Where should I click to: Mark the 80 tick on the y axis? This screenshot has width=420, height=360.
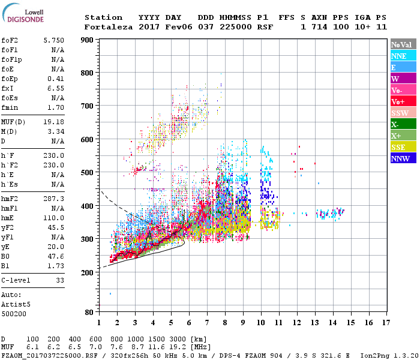pyautogui.click(x=88, y=313)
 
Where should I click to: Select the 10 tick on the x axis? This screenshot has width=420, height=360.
pyautogui.click(x=261, y=323)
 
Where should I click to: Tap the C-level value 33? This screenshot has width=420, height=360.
pyautogui.click(x=59, y=280)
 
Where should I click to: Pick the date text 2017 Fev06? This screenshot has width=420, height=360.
pyautogui.click(x=160, y=27)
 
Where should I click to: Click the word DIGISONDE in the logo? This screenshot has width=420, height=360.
pyautogui.click(x=23, y=19)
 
